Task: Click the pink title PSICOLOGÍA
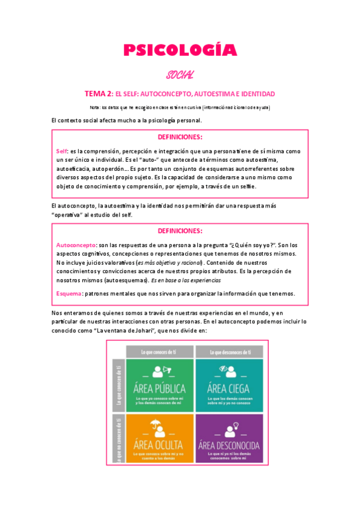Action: pos(180,51)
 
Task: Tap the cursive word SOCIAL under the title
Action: pos(180,75)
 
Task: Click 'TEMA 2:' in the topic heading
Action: pos(99,94)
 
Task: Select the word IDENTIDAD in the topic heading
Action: pos(257,94)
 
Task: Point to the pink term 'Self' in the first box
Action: pos(61,150)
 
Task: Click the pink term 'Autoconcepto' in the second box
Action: pos(76,245)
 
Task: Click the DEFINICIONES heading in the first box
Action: pos(180,137)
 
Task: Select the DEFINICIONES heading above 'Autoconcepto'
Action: pos(180,231)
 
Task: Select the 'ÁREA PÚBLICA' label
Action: pos(160,388)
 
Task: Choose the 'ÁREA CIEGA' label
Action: pos(228,388)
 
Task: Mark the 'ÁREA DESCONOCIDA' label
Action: pos(228,445)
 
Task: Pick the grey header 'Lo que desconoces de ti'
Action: pos(228,351)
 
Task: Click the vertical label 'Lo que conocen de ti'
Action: pos(118,383)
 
